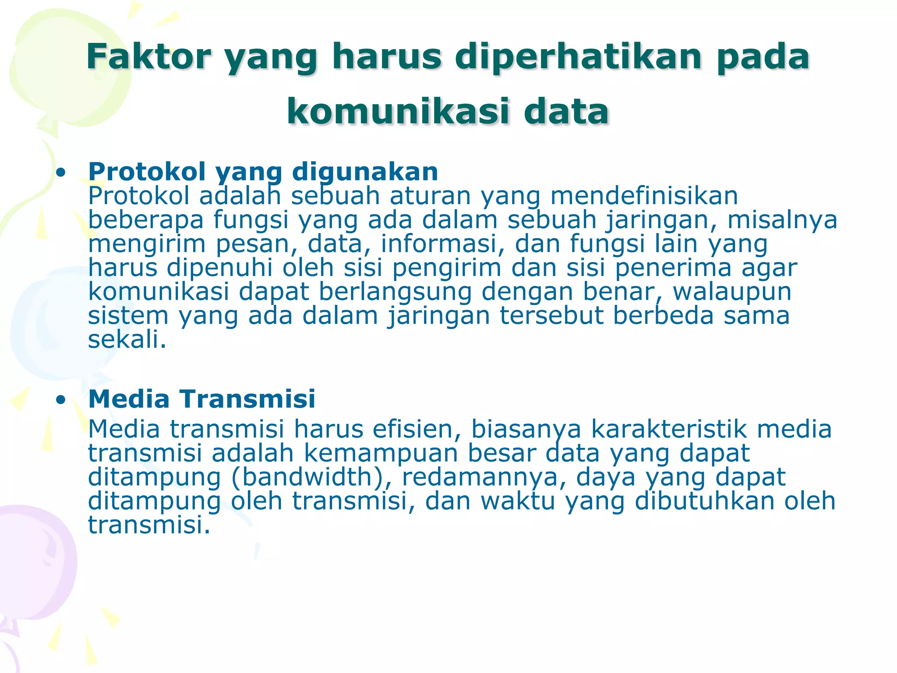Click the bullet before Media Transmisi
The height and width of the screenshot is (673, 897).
click(x=61, y=400)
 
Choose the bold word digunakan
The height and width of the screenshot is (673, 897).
click(x=365, y=171)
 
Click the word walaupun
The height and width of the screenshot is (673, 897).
click(x=732, y=292)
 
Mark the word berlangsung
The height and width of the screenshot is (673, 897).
click(x=395, y=292)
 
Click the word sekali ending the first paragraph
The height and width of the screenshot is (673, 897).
click(x=127, y=340)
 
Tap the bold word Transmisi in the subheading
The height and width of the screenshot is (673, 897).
click(x=248, y=399)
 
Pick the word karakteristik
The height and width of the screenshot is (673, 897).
click(x=669, y=429)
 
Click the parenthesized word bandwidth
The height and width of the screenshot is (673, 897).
click(x=311, y=477)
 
